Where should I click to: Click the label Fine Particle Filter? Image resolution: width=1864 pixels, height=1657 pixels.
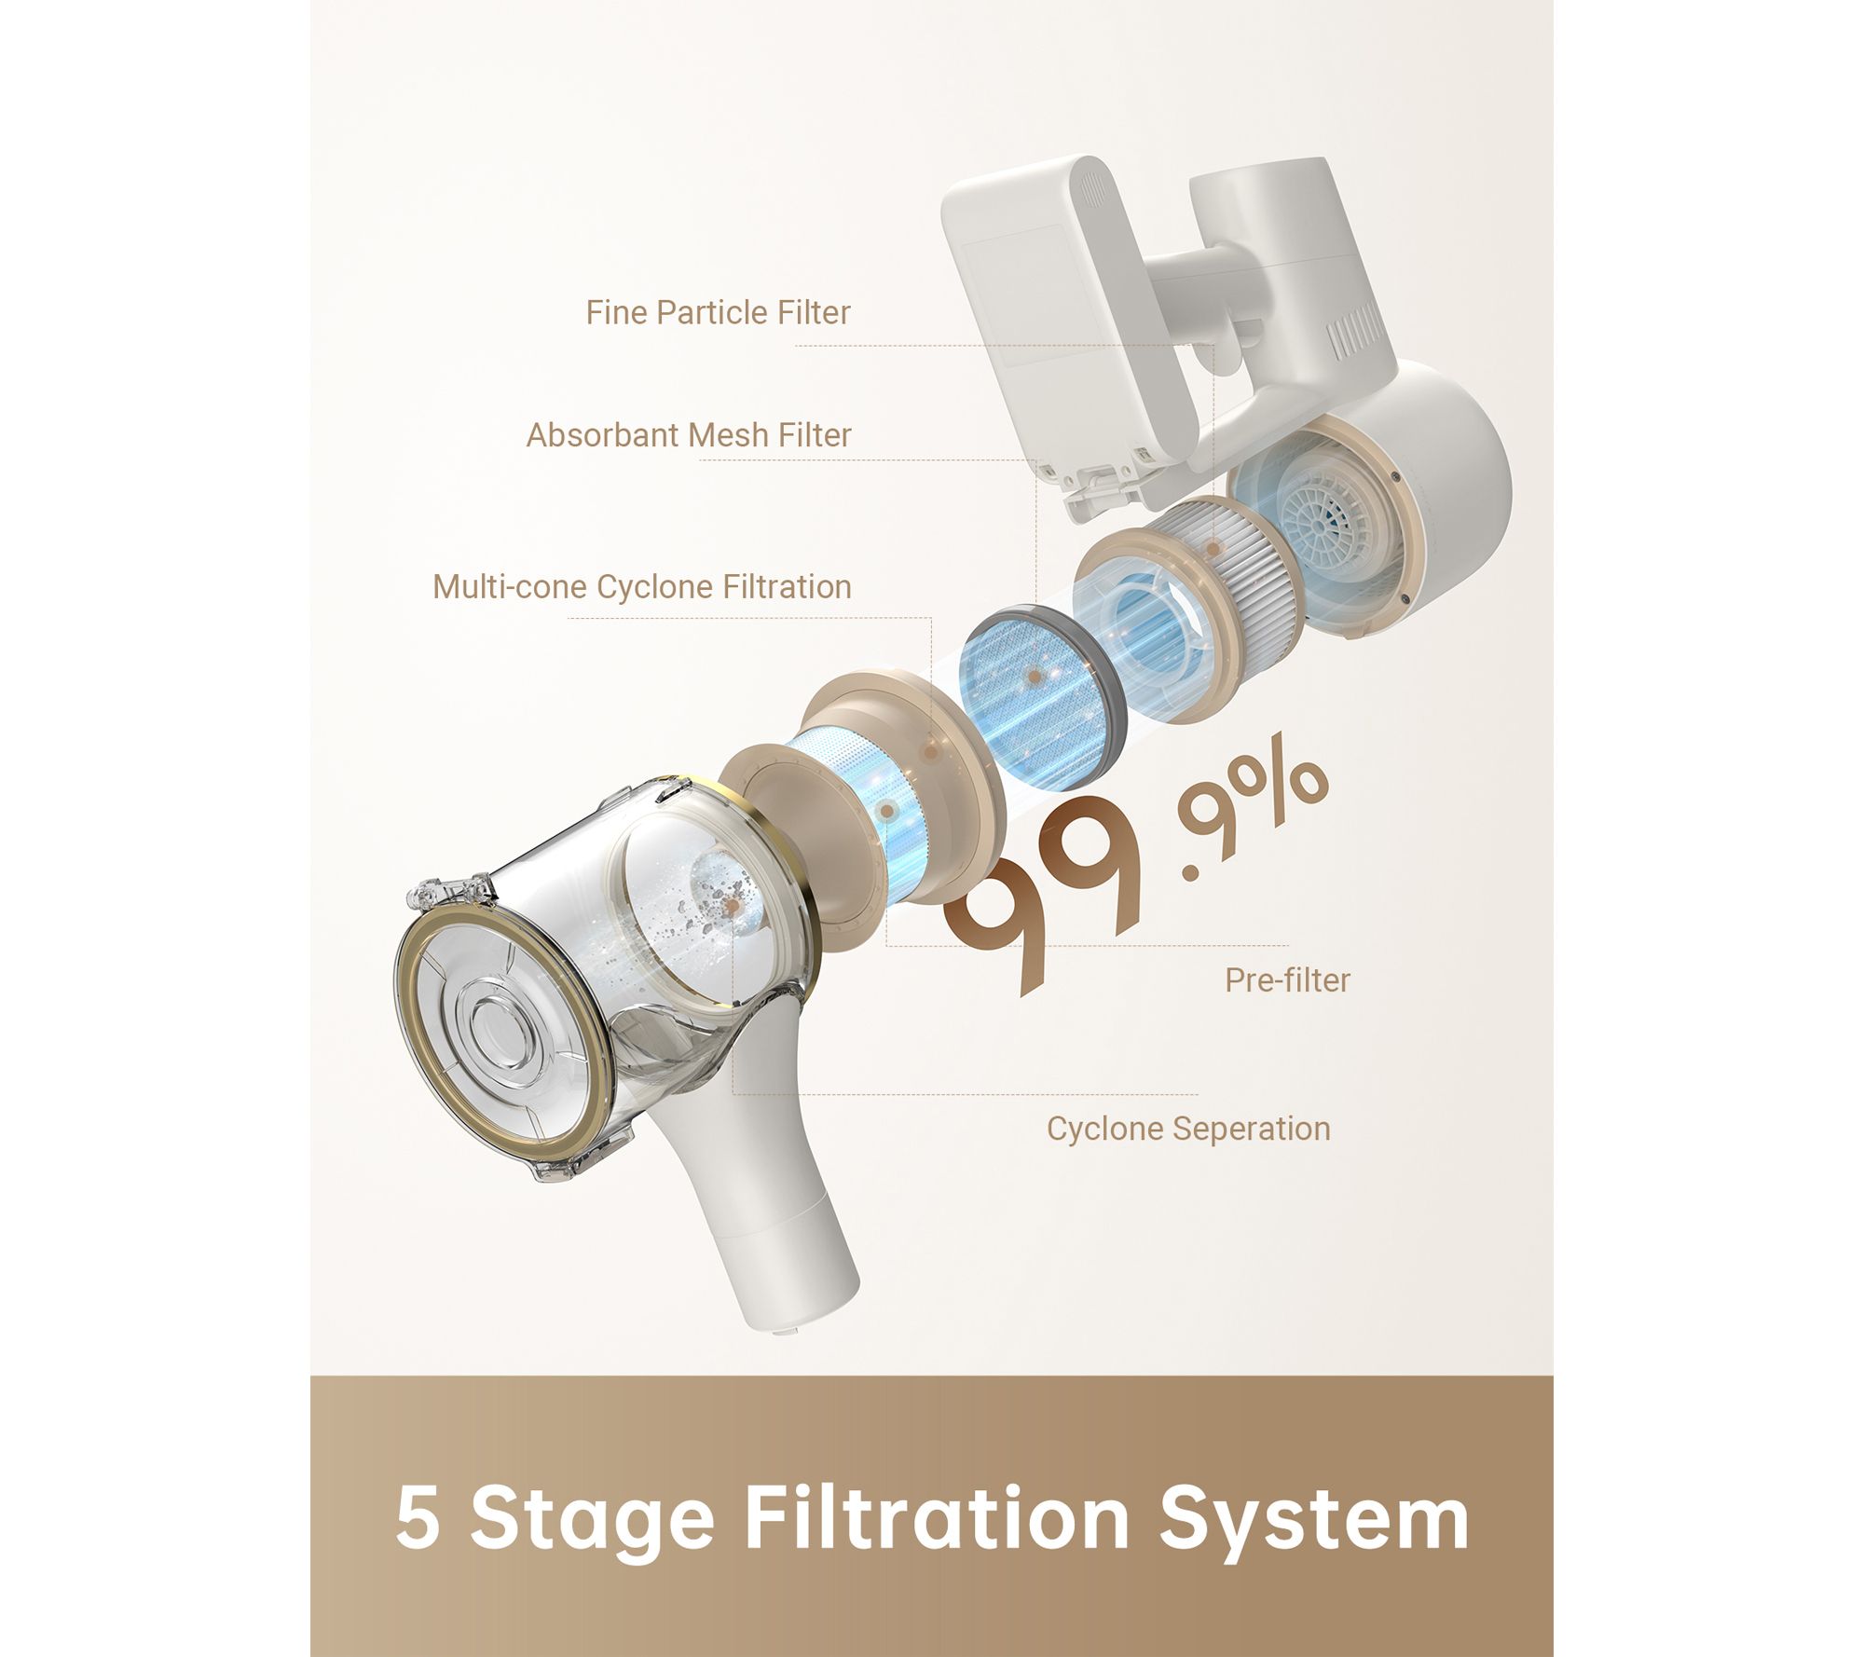[x=718, y=313]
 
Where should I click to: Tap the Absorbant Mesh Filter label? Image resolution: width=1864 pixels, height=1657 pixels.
[x=689, y=435]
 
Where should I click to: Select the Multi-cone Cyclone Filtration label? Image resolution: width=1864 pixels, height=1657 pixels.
[x=642, y=587]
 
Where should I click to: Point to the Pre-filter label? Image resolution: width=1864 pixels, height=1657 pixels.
[x=1287, y=980]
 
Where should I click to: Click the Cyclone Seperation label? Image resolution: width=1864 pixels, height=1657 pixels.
[x=1188, y=1129]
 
